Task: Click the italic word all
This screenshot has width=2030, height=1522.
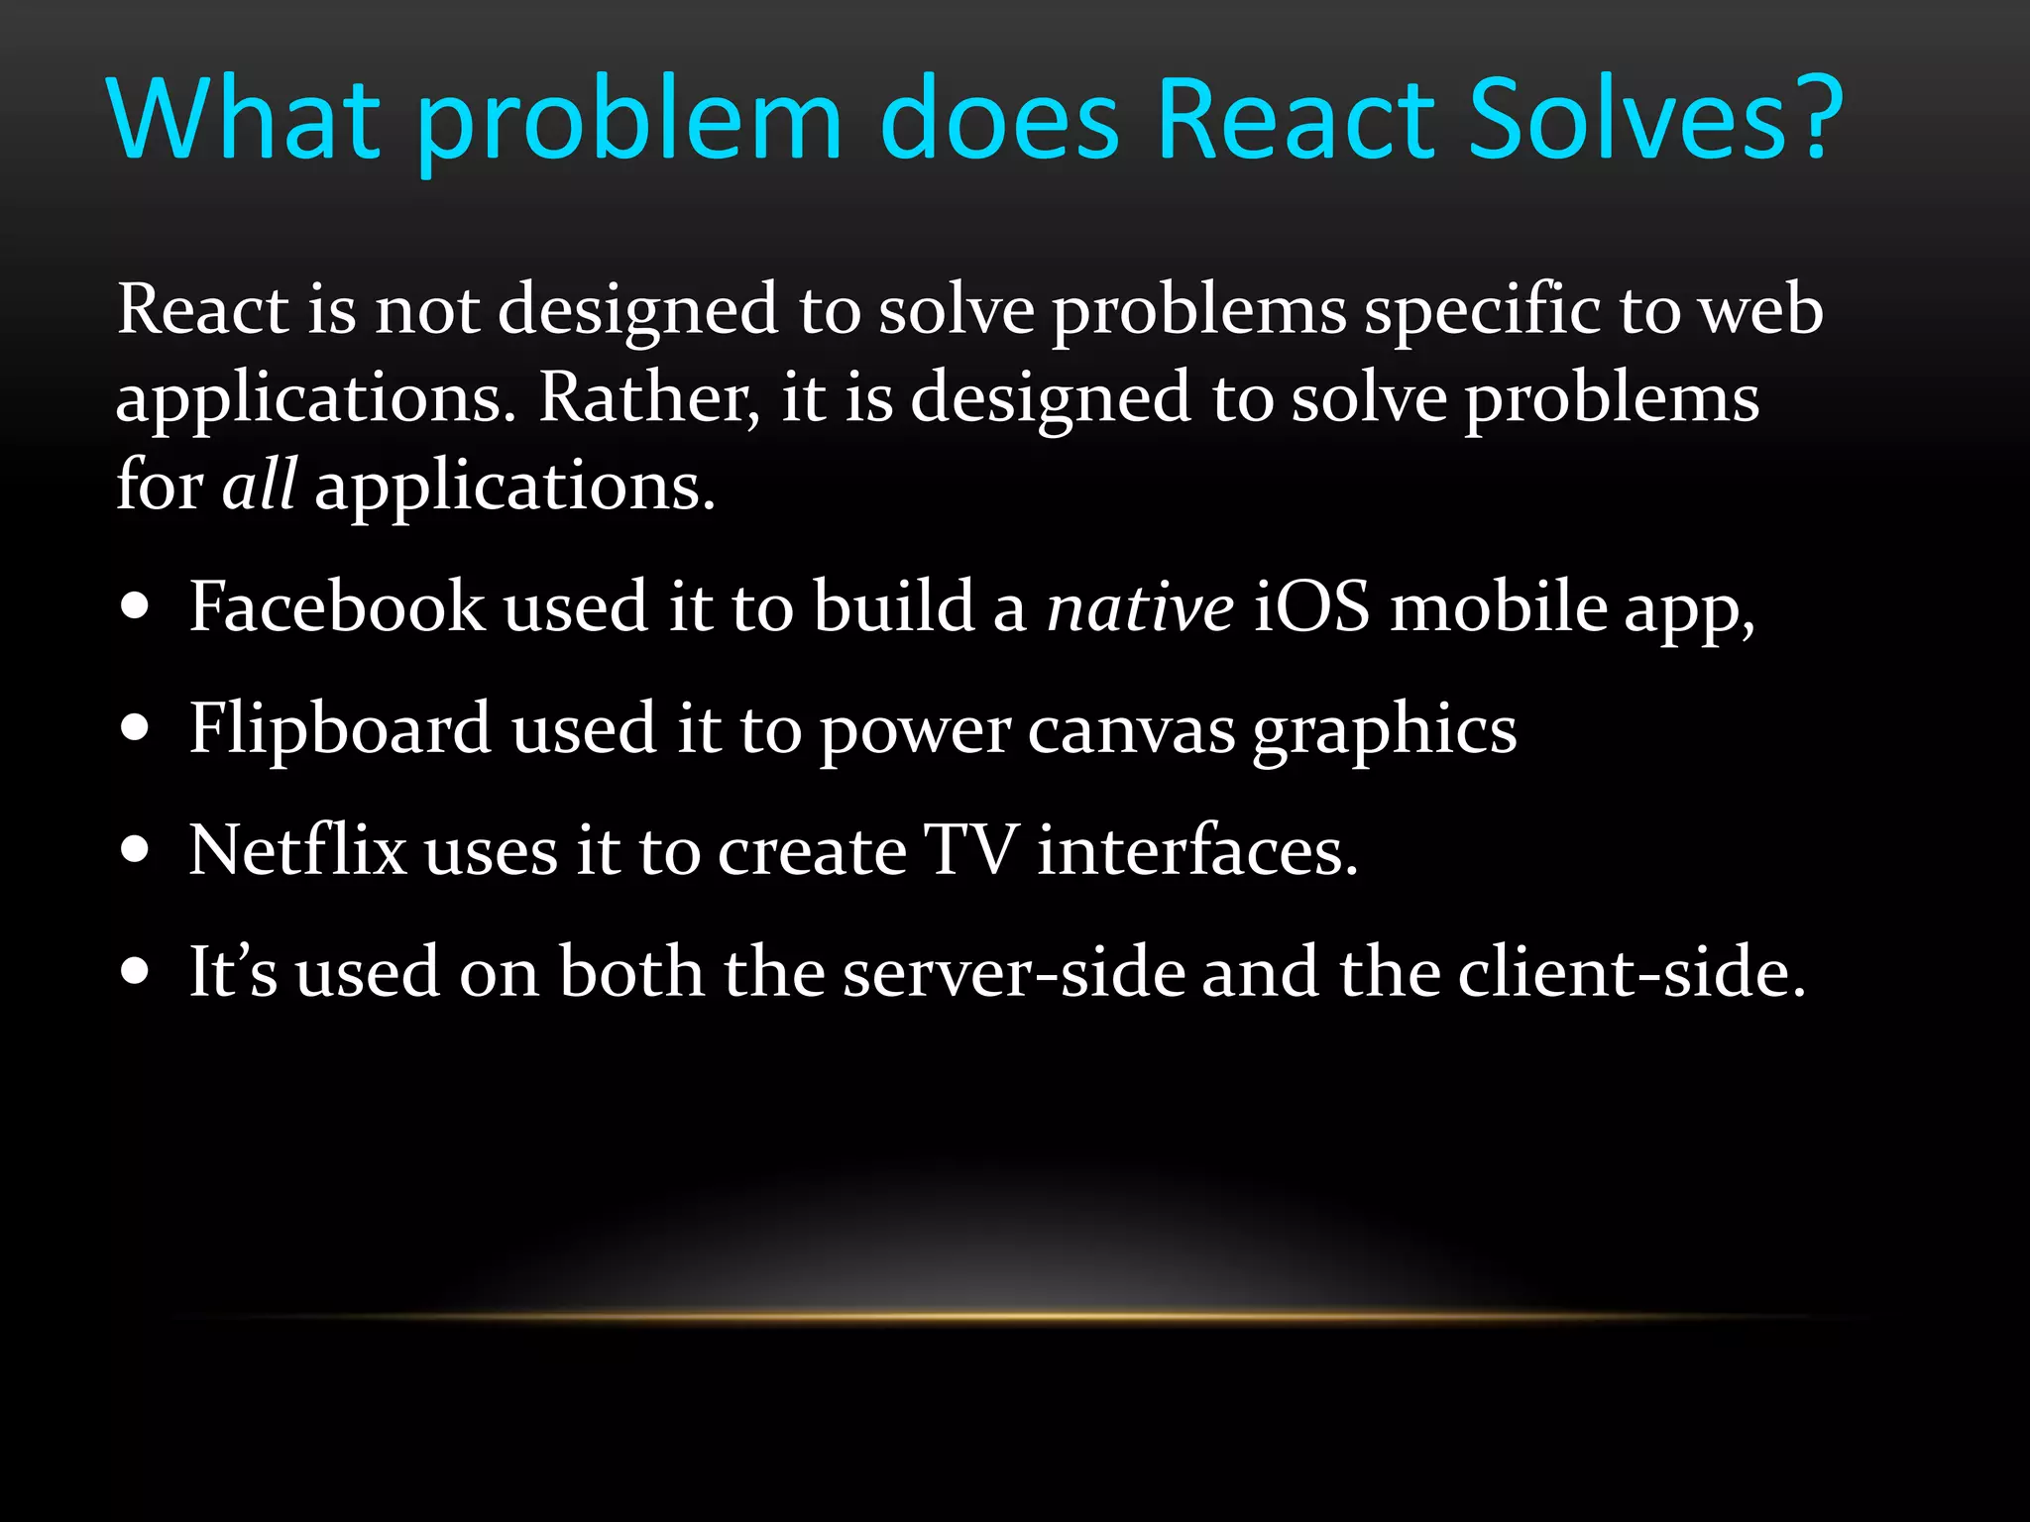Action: point(259,486)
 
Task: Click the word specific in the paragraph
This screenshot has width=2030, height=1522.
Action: point(1482,311)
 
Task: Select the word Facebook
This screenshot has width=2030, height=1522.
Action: point(337,606)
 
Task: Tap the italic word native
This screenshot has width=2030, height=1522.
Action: point(1141,608)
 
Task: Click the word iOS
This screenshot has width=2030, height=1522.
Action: point(1311,606)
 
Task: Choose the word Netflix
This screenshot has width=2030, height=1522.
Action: point(297,850)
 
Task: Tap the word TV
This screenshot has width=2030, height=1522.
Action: point(969,850)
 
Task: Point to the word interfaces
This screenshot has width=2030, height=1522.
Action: point(1196,850)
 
